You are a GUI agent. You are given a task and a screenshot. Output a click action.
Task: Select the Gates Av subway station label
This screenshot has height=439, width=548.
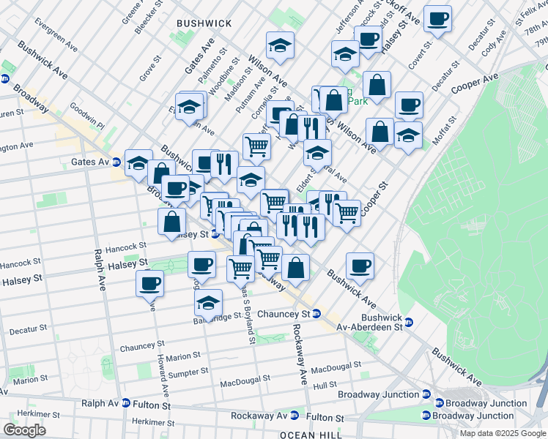click(90, 161)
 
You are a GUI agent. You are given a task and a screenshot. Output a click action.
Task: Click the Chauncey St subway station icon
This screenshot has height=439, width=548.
click(316, 314)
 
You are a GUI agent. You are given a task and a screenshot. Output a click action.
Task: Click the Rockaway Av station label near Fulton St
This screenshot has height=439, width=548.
click(256, 416)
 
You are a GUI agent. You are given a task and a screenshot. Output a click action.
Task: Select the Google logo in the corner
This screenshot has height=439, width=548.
click(24, 430)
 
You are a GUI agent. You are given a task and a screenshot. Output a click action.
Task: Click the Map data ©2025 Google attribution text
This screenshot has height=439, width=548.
click(503, 433)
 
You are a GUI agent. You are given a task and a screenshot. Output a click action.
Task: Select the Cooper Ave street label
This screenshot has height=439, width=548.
click(475, 80)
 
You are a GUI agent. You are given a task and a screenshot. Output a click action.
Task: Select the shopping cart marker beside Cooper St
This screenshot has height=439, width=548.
click(347, 212)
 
